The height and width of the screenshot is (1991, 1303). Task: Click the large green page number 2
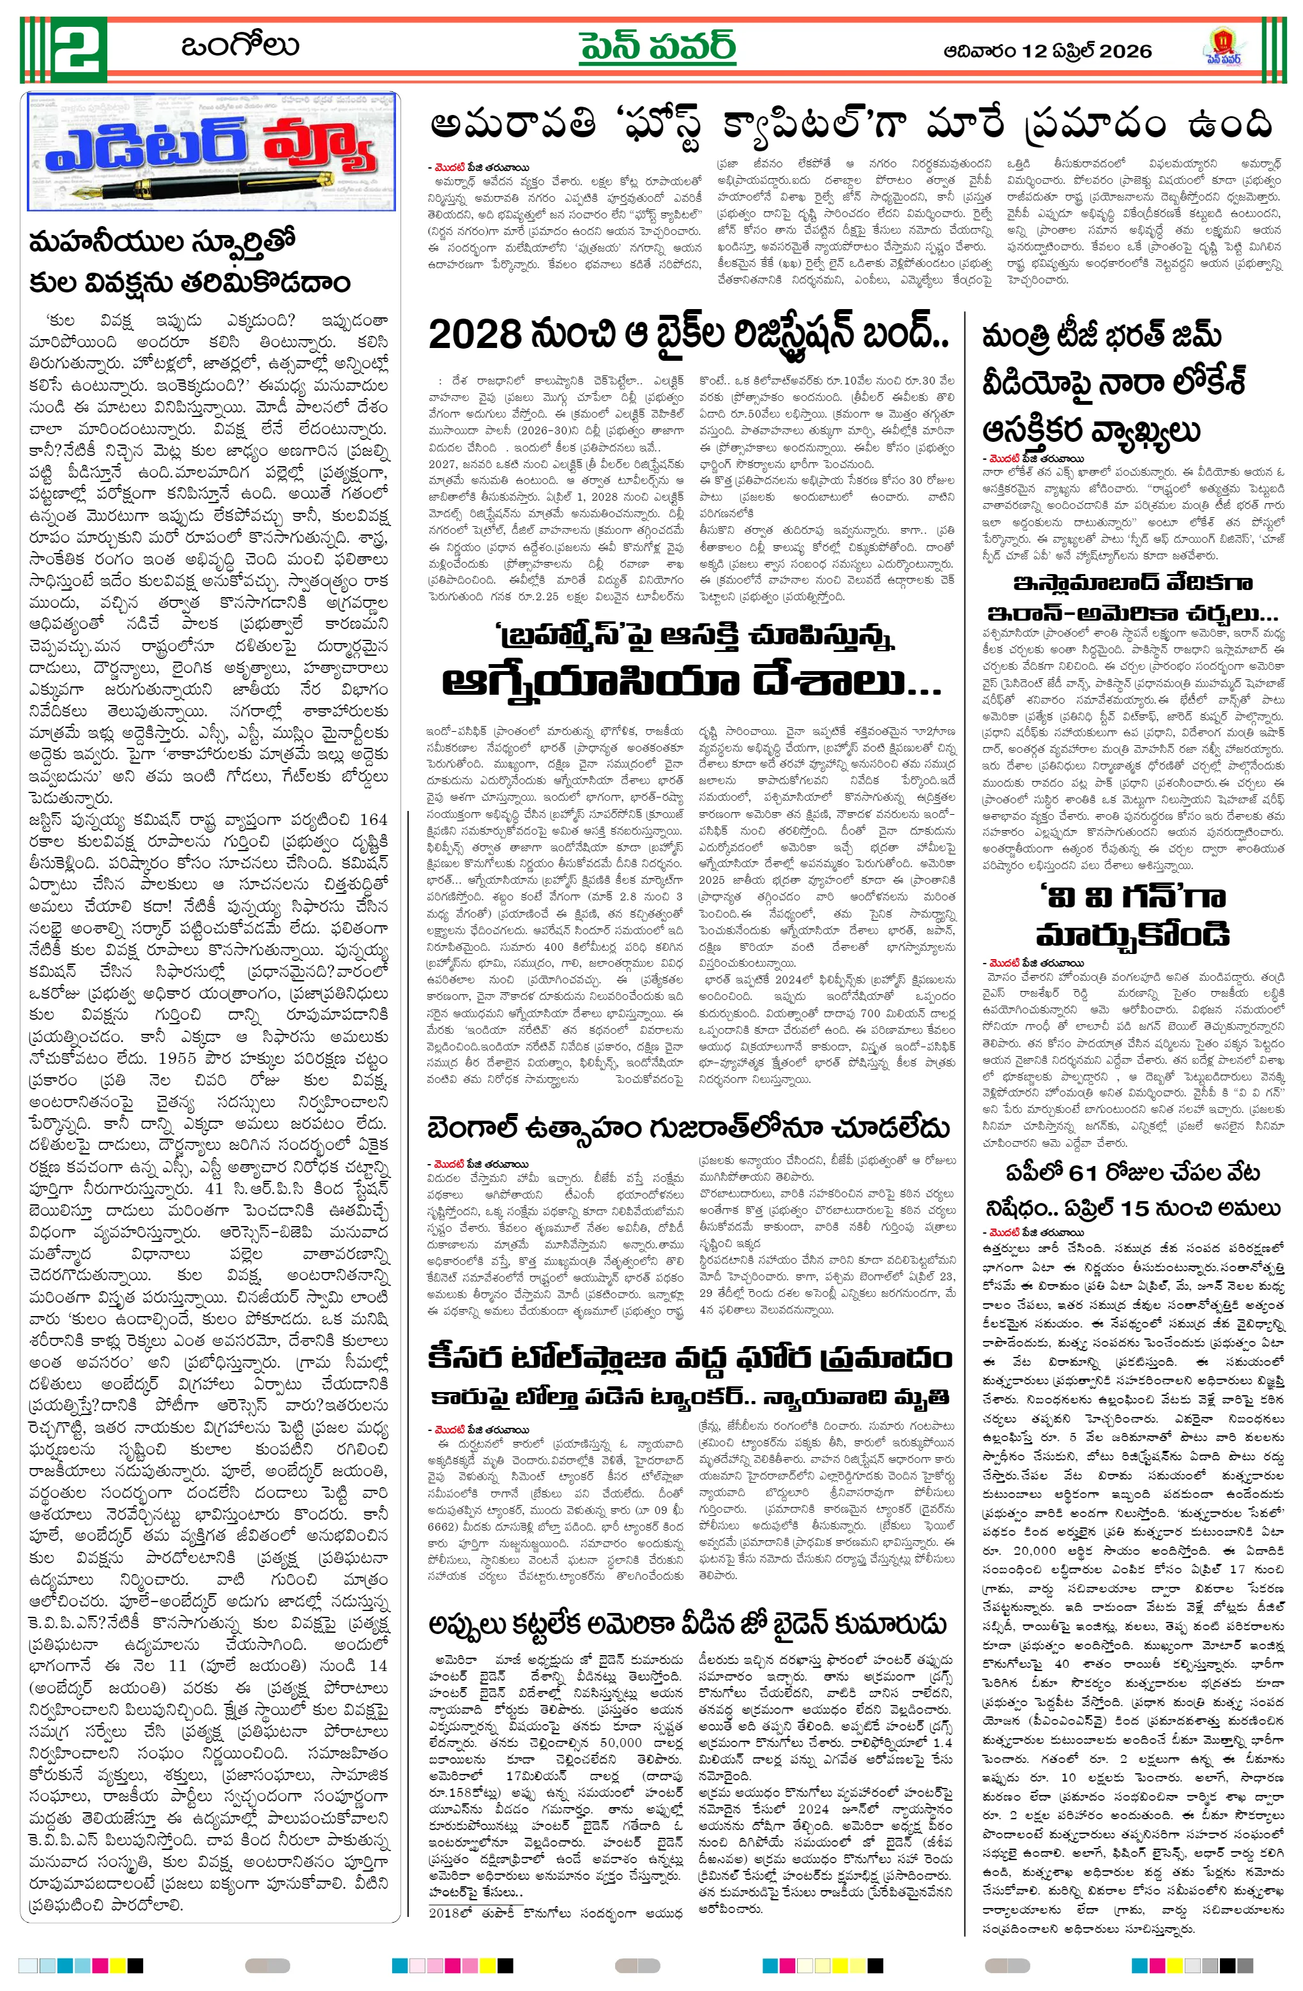79,49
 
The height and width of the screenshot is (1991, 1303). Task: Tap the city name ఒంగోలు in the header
240,46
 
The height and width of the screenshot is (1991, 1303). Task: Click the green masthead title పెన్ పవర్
658,47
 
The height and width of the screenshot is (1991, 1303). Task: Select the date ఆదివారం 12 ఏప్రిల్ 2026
1047,51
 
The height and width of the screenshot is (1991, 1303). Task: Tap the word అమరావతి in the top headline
512,126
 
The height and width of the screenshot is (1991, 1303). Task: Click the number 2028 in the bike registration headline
474,335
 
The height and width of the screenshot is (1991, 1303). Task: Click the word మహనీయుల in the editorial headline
105,243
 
